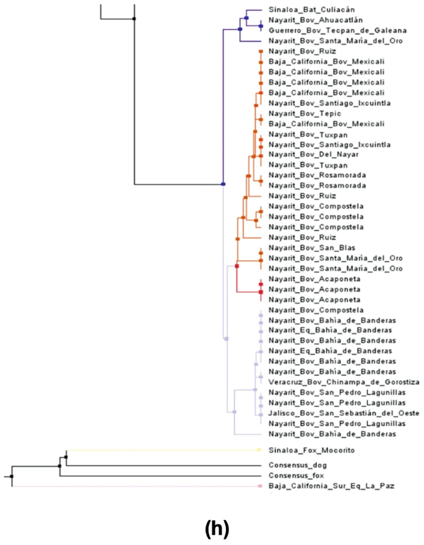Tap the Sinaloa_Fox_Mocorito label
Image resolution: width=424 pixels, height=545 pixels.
[x=311, y=450]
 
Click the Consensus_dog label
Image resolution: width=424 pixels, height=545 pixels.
[x=297, y=464]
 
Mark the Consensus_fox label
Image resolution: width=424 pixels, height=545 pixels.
[x=296, y=475]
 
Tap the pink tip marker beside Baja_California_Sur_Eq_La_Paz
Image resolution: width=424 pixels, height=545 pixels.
[x=261, y=487]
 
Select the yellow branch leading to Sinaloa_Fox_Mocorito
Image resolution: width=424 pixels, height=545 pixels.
[x=161, y=450]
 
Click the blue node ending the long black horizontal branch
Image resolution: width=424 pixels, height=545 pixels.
[x=223, y=184]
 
